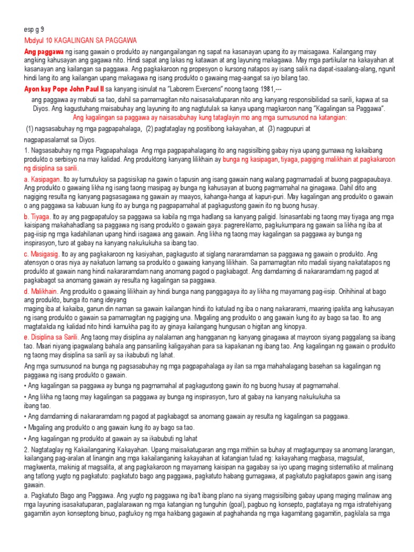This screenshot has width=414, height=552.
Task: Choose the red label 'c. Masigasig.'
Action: (42, 253)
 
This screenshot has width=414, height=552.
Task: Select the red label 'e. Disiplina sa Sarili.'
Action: (52, 336)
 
